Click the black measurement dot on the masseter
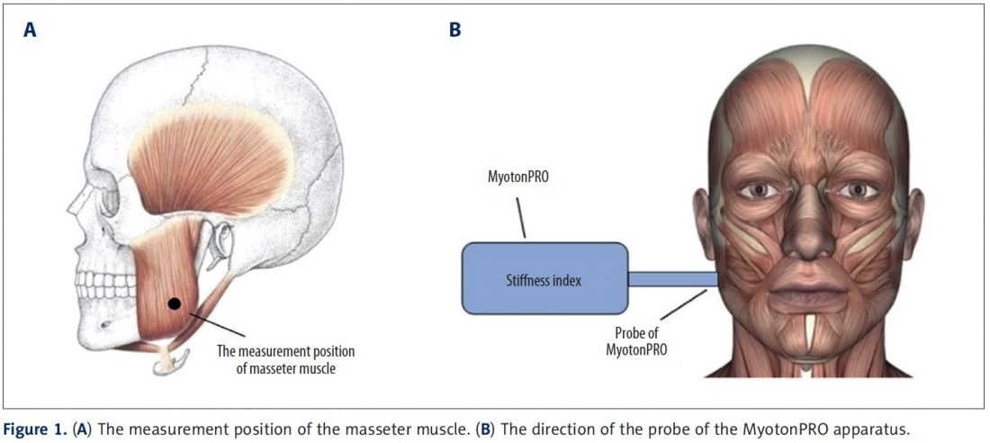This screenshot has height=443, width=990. point(174,304)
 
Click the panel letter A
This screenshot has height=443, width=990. point(31,30)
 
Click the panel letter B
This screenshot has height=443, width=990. point(454,30)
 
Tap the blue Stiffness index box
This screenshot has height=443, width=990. point(544,280)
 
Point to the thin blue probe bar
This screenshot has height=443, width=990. point(671,280)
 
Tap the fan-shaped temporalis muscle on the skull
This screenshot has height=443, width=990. point(207,158)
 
